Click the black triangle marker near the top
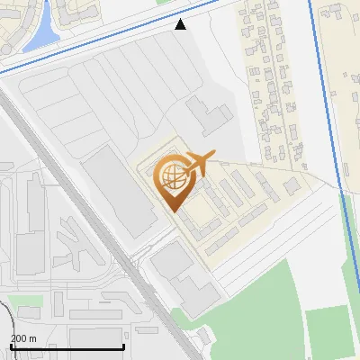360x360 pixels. [x=181, y=24]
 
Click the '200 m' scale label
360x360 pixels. [x=23, y=338]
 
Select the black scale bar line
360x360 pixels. [x=67, y=347]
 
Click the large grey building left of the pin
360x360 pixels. [x=117, y=189]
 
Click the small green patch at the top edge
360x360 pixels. [x=163, y=3]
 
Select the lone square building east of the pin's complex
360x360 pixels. [x=292, y=185]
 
